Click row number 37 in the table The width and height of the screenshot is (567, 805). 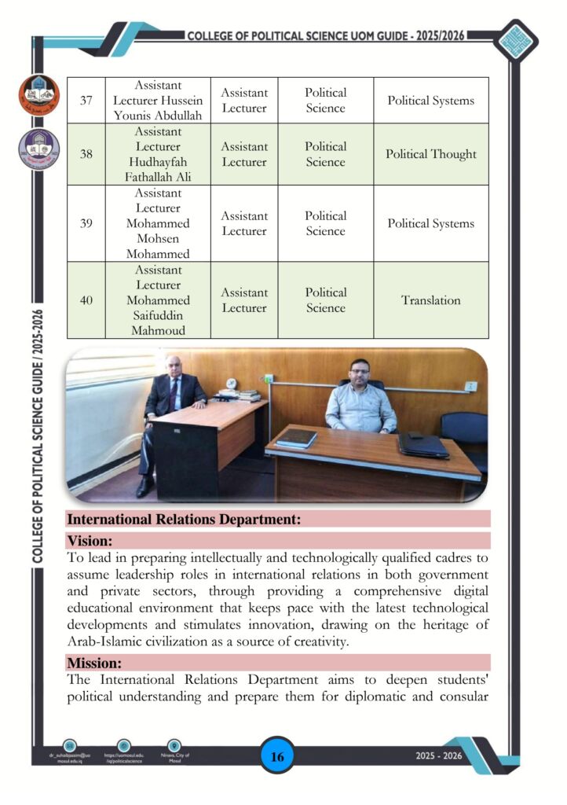86,101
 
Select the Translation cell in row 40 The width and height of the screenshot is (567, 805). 430,300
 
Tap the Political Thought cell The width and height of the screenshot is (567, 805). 430,154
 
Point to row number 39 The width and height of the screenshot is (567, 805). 86,223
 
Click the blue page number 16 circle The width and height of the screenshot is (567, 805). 276,756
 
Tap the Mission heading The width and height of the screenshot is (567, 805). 94,663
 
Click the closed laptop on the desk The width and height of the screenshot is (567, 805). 423,445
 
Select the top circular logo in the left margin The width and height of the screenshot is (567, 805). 38,95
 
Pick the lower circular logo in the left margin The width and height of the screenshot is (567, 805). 38,149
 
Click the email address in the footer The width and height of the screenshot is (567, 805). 70,759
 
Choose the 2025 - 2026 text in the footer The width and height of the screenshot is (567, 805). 440,756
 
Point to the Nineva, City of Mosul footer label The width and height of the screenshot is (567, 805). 175,759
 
